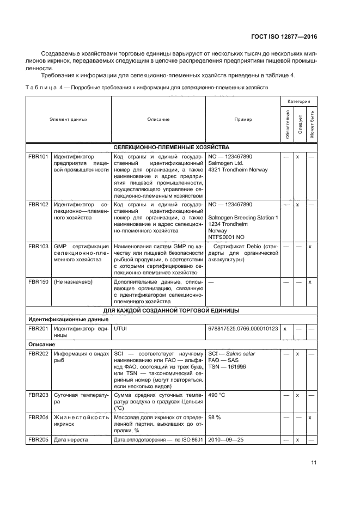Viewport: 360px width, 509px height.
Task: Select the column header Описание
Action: point(158,119)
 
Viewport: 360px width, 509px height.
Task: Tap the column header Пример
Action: point(243,119)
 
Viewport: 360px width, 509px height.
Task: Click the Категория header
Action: point(299,101)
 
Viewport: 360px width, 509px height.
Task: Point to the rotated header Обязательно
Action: point(286,125)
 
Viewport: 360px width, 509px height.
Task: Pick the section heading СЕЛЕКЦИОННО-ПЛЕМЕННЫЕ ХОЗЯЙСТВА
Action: point(172,148)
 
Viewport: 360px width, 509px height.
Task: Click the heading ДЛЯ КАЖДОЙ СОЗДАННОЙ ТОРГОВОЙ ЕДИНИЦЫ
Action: point(172,310)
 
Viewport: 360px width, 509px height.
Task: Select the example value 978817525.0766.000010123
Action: point(243,329)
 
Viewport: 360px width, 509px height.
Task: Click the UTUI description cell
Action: point(120,329)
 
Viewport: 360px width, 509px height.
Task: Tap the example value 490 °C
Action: point(218,394)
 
